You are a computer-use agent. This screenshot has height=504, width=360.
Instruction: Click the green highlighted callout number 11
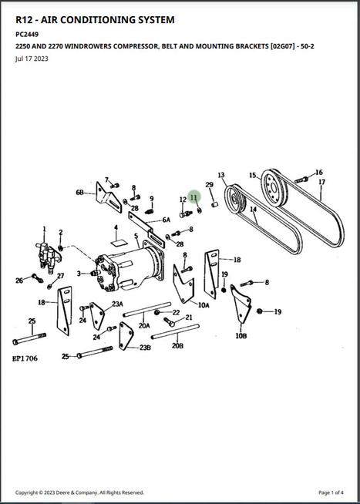[194, 197]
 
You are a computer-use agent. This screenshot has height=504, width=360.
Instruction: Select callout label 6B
[80, 192]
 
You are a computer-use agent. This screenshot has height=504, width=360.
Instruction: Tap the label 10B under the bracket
[241, 336]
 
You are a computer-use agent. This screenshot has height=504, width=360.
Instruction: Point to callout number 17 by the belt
[321, 182]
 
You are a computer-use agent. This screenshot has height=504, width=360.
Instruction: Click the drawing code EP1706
[25, 358]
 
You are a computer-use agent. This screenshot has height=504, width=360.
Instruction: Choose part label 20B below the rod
[177, 346]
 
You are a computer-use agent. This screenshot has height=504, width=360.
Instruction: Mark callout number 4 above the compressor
[116, 227]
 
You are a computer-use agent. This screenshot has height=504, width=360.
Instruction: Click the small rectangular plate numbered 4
[118, 242]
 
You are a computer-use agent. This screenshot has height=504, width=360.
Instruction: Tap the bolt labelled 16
[301, 180]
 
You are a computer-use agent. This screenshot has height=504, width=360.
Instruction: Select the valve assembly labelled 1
[48, 256]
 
